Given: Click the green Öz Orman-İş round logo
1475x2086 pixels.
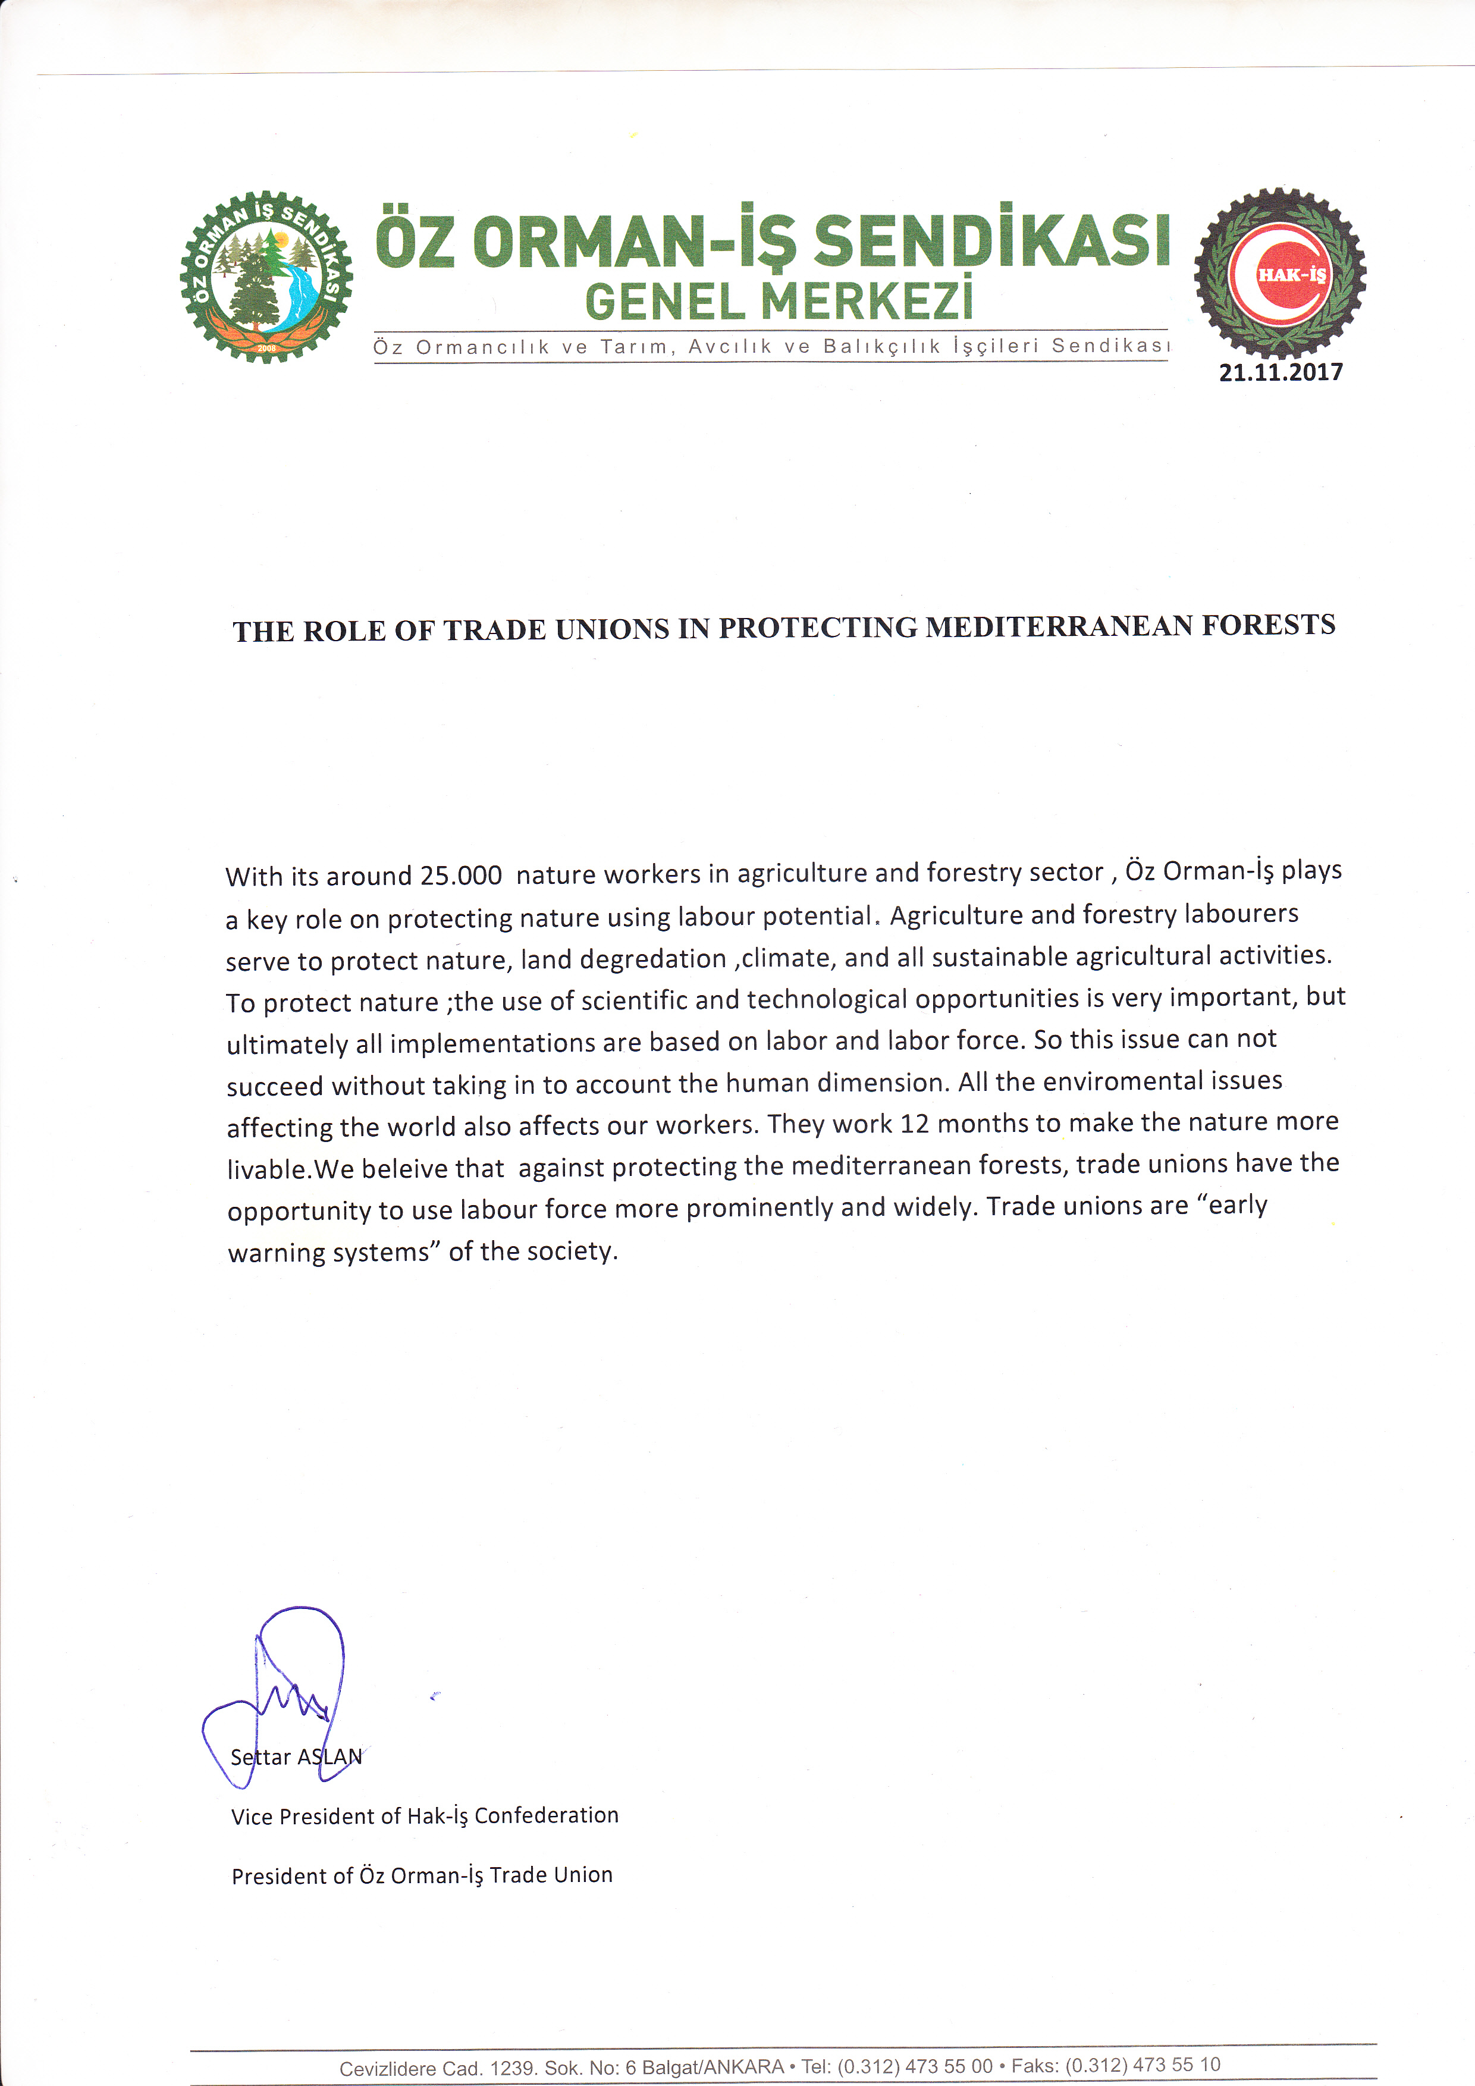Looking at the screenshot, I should point(266,277).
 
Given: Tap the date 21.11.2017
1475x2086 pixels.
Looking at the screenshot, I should point(1281,372).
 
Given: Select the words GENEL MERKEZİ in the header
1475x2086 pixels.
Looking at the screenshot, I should point(779,302).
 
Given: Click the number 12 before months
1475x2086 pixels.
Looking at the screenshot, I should point(915,1125).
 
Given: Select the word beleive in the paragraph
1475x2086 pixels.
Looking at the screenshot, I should point(432,1168).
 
